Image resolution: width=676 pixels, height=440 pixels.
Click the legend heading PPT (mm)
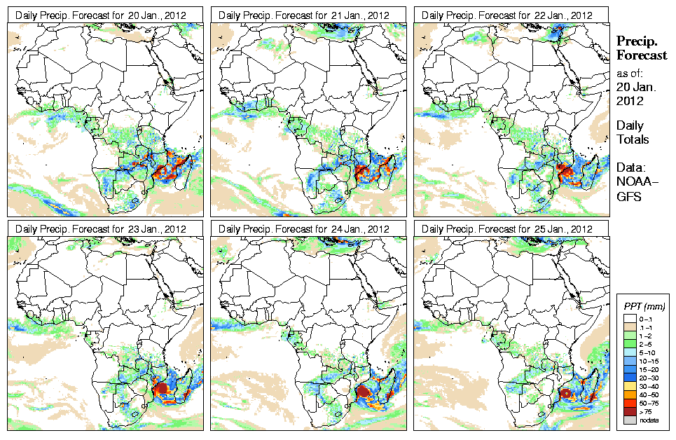point(644,306)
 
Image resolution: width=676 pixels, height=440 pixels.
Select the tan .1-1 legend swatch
point(629,326)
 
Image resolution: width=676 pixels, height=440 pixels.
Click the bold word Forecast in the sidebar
point(641,55)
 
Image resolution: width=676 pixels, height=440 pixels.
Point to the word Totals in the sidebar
point(633,139)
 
